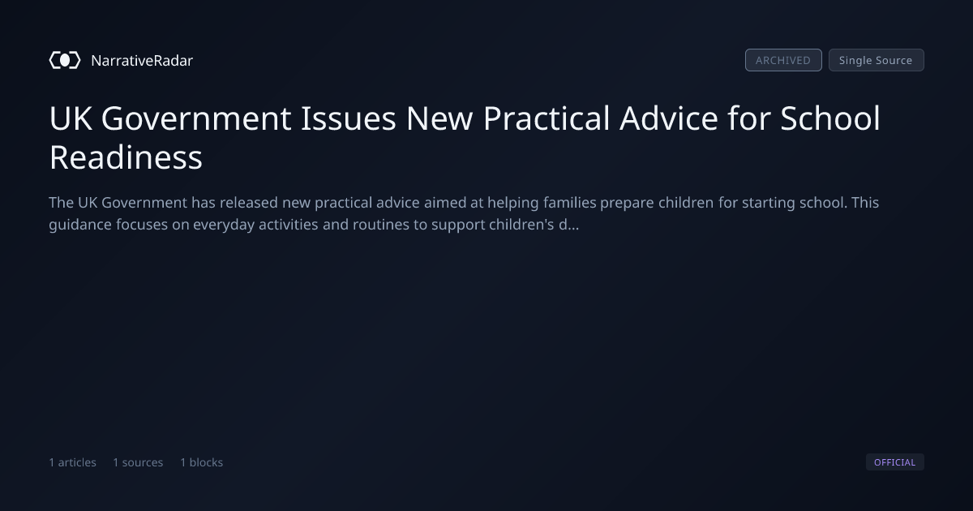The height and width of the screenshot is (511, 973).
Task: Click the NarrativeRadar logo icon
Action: [65, 60]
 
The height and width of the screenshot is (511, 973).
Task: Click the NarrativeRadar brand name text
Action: [142, 61]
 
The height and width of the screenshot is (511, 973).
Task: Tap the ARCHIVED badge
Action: [783, 60]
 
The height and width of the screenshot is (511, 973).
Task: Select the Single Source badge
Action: [877, 60]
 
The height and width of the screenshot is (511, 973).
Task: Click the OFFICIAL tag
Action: [895, 462]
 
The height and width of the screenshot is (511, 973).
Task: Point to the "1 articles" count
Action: [72, 462]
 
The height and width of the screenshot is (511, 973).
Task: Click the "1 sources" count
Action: [138, 462]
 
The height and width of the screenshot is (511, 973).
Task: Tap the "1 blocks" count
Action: [202, 462]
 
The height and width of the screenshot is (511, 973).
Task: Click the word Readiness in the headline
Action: [126, 157]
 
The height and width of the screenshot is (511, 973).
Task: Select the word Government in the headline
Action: [196, 118]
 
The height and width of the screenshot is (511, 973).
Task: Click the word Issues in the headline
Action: [349, 118]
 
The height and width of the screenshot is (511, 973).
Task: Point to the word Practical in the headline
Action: [547, 118]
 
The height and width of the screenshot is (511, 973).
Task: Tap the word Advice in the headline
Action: [668, 118]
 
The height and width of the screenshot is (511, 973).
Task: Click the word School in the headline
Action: [830, 118]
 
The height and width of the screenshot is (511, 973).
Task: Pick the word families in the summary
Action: [570, 203]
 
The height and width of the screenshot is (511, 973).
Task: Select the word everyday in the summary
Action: [224, 225]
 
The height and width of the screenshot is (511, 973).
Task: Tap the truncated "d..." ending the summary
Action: [568, 225]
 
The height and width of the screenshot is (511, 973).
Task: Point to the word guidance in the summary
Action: [80, 225]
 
